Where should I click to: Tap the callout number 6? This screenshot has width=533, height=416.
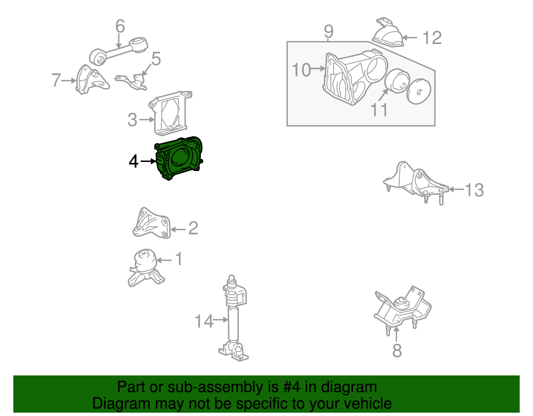(120, 26)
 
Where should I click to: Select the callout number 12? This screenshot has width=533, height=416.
(432, 38)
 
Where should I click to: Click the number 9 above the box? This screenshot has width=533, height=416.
(328, 32)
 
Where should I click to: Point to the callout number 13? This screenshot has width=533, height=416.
(474, 190)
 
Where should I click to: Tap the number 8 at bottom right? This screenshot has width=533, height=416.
(397, 350)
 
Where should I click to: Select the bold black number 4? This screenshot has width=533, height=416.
(134, 162)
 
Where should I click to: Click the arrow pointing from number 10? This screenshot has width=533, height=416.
(318, 69)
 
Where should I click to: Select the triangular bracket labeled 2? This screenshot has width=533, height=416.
(152, 224)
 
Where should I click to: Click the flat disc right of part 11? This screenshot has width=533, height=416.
(419, 92)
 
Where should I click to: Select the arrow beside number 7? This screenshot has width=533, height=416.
(69, 81)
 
